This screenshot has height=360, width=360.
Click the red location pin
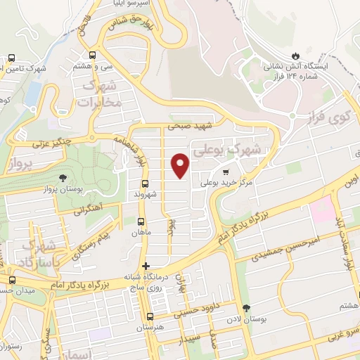point(180,165)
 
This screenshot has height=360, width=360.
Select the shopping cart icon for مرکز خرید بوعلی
point(225,171)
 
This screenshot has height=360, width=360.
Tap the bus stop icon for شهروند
point(144,184)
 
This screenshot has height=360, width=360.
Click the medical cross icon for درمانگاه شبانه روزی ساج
point(146,266)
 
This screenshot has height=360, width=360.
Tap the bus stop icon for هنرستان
point(150,316)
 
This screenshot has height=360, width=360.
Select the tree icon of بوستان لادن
point(245,308)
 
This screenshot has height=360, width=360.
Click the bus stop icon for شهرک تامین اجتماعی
point(11,58)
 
